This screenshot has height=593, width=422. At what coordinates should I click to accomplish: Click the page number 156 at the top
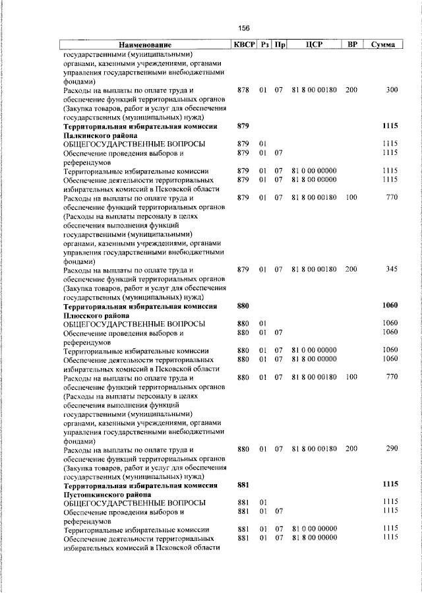coord(244,28)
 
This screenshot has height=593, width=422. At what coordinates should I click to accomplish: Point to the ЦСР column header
coord(314,45)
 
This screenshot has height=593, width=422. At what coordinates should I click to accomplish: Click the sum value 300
coord(392,90)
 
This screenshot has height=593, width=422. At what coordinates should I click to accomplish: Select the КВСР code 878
coord(243,90)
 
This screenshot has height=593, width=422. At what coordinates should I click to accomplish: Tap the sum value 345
coord(392,270)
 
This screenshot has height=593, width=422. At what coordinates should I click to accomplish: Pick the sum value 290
coord(392,449)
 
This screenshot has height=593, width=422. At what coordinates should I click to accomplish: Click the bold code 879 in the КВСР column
coord(243,125)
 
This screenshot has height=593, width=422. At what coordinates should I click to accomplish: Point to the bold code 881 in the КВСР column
coord(243,485)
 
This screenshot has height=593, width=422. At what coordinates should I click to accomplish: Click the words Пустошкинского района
coord(107,494)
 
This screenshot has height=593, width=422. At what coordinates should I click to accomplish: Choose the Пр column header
coord(280,45)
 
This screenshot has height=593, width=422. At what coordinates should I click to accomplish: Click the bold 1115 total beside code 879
coord(390,125)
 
